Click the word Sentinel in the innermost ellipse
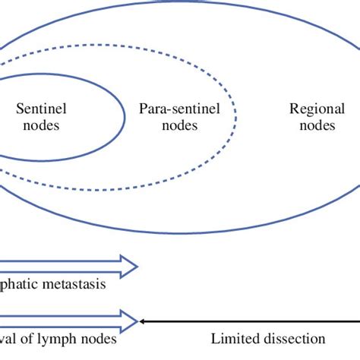coord(37,109)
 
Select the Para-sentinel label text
coord(179,109)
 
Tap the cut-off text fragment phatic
coord(19,286)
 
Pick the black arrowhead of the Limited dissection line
coord(143,320)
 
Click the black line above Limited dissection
coord(251,320)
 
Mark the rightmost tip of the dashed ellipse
coord(235,118)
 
